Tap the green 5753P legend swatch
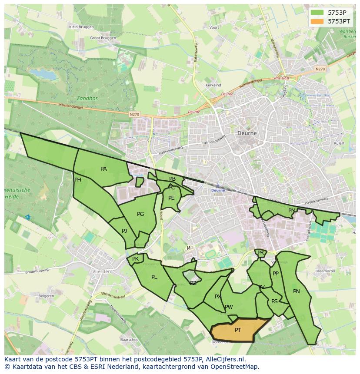(x=317, y=13)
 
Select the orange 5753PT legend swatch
(x=317, y=21)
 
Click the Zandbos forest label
(x=87, y=98)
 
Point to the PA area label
(x=103, y=169)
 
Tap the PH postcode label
(x=78, y=180)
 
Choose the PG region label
(x=140, y=214)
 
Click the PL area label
(x=154, y=277)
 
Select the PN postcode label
(x=297, y=291)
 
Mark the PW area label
(x=229, y=307)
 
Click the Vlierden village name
(x=102, y=271)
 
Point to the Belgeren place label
(x=46, y=296)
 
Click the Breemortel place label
(x=324, y=271)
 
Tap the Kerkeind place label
(x=213, y=85)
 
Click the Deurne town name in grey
(x=247, y=133)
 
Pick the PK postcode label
(x=135, y=259)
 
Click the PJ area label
(x=124, y=231)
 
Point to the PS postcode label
(x=274, y=301)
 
